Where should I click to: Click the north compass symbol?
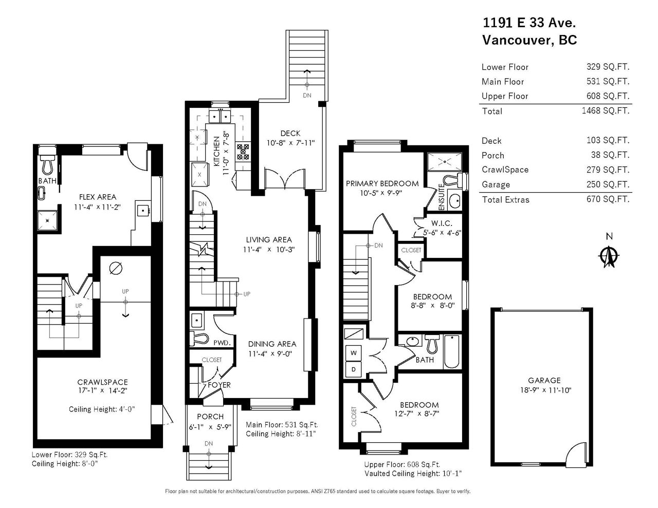pos(609,257)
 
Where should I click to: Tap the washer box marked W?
pos(353,352)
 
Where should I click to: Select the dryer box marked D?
pos(353,369)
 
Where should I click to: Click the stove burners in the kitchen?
pos(243,152)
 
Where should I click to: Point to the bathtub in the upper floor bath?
pos(451,351)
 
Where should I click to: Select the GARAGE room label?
pos(544,380)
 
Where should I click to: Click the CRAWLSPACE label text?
pos(103,382)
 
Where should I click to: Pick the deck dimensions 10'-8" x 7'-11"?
pos(290,143)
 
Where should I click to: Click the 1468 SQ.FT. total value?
pos(606,111)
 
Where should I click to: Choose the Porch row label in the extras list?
pos(492,156)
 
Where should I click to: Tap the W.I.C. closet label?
pos(442,223)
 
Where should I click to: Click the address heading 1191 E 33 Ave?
pos(529,23)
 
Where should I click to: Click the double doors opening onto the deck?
pos(285,179)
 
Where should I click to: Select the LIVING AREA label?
pos(269,240)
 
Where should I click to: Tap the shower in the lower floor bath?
pos(47,220)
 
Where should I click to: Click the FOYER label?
pos(219,385)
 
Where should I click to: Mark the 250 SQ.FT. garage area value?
pos(608,184)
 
